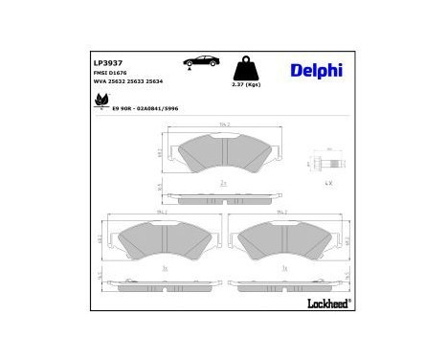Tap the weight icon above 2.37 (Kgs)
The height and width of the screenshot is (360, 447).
[x=245, y=68]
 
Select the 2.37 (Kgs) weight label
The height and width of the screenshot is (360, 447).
[x=246, y=84]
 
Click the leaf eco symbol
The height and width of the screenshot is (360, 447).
[x=96, y=97]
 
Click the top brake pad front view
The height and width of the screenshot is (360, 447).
[x=223, y=152]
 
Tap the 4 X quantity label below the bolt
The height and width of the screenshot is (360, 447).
[x=327, y=182]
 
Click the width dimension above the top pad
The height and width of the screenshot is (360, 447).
[x=223, y=124]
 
